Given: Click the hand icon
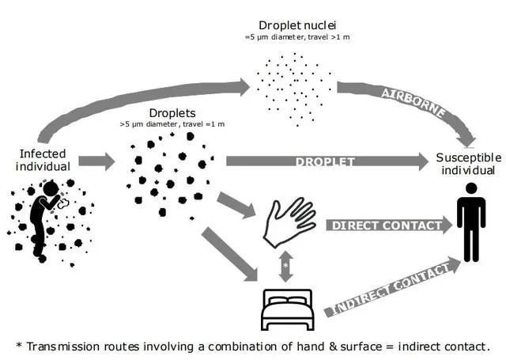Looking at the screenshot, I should [289, 221].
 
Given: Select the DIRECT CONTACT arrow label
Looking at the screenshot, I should [385, 225].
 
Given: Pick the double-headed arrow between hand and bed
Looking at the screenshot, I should [285, 265].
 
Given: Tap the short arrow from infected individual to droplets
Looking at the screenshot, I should [96, 163].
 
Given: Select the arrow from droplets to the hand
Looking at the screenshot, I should [236, 204].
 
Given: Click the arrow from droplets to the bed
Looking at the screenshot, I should [228, 253].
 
